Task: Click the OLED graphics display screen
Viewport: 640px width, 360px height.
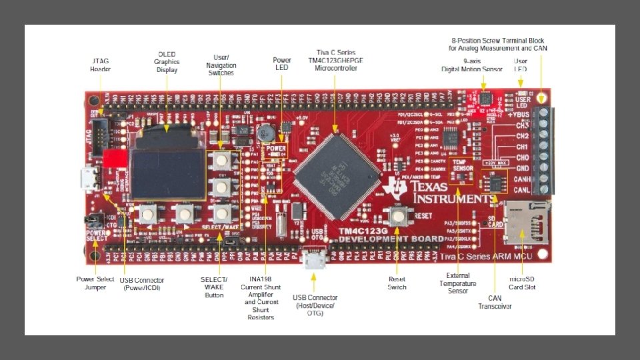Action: (x=167, y=173)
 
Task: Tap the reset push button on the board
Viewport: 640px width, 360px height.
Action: (x=398, y=215)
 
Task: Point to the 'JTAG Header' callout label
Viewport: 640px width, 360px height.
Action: (x=101, y=65)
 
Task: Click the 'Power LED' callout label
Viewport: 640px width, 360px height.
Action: (x=282, y=64)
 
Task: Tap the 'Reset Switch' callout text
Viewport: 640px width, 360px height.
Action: (x=397, y=283)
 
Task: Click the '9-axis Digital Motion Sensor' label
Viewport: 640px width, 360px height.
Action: (x=473, y=65)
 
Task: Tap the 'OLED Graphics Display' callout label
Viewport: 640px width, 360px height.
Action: (x=167, y=61)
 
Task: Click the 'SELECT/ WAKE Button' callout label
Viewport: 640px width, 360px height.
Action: (x=215, y=287)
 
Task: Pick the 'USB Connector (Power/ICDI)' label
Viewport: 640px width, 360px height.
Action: (x=141, y=283)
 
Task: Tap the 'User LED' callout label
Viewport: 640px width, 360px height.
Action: (x=521, y=65)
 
